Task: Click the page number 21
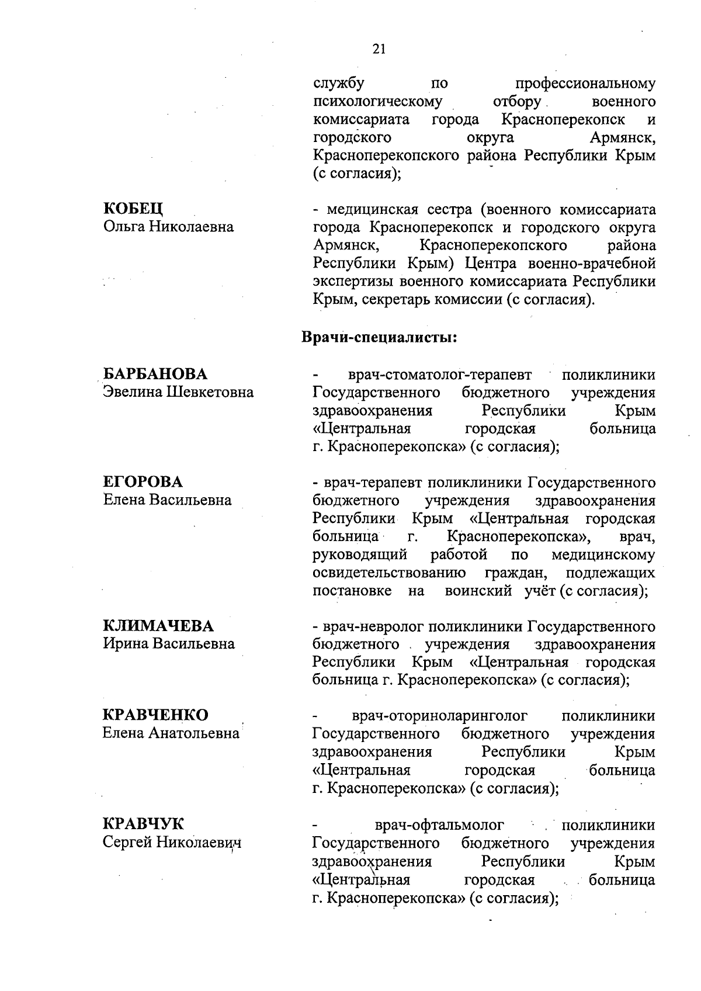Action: click(379, 49)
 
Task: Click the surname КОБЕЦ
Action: click(133, 209)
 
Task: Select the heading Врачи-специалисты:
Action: click(379, 337)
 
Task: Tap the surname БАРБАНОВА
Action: click(155, 374)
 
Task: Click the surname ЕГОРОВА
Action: click(143, 482)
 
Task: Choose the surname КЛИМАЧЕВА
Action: click(158, 626)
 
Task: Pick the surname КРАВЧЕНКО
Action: click(155, 715)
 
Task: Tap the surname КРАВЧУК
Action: click(143, 824)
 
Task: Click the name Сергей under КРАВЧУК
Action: click(127, 842)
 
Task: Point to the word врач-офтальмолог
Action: click(439, 825)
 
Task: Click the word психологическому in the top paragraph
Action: click(377, 102)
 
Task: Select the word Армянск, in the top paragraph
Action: click(622, 138)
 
